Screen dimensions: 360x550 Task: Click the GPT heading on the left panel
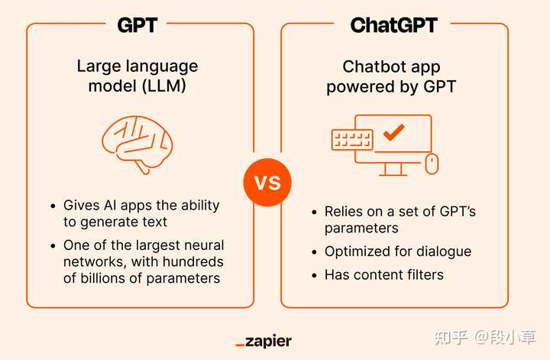(x=137, y=24)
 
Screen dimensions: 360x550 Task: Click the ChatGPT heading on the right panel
(x=393, y=24)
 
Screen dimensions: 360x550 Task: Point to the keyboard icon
(x=351, y=140)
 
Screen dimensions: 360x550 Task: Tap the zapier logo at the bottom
(x=264, y=341)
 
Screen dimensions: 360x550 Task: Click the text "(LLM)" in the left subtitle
(x=163, y=86)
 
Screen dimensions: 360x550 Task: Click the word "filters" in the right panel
(x=422, y=274)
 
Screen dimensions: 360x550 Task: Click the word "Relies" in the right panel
(x=342, y=212)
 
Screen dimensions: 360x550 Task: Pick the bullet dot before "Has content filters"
(x=314, y=274)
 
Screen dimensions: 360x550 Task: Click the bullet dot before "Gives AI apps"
(x=53, y=206)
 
